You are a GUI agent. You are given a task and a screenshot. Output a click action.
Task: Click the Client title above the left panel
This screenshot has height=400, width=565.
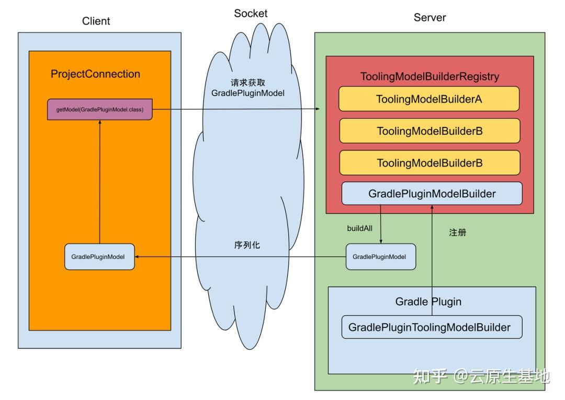[x=96, y=21]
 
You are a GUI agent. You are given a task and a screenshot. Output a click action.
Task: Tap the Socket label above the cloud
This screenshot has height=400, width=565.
[x=251, y=14]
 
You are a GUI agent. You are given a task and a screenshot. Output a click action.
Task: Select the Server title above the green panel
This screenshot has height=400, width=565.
[x=430, y=18]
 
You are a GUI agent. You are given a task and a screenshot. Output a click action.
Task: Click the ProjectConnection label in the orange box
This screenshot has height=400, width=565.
[x=95, y=74]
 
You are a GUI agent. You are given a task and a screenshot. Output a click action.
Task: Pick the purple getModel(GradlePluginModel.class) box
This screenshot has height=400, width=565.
[x=100, y=109]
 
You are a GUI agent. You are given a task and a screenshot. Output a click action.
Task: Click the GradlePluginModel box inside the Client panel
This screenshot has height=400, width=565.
[x=99, y=256]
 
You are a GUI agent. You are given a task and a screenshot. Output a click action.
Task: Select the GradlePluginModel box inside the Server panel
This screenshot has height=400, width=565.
[x=381, y=256]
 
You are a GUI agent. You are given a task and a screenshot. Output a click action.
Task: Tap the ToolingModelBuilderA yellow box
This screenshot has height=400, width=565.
[x=429, y=99]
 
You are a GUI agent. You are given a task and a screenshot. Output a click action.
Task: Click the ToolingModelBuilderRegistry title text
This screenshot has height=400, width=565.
[x=430, y=77]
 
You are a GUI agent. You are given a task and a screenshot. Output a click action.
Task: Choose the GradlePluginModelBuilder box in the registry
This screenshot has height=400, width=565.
[x=432, y=194]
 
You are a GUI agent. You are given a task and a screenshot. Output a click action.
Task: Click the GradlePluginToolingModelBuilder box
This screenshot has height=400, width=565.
[x=429, y=327]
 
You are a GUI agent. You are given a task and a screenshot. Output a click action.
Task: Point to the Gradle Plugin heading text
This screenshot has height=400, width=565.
[x=428, y=302]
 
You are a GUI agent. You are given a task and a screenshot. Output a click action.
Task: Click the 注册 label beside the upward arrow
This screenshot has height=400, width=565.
[x=457, y=232]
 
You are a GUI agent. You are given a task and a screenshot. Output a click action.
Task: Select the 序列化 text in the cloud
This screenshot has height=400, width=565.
[x=246, y=244]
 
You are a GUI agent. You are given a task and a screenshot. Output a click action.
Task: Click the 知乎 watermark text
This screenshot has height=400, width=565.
[x=430, y=376]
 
